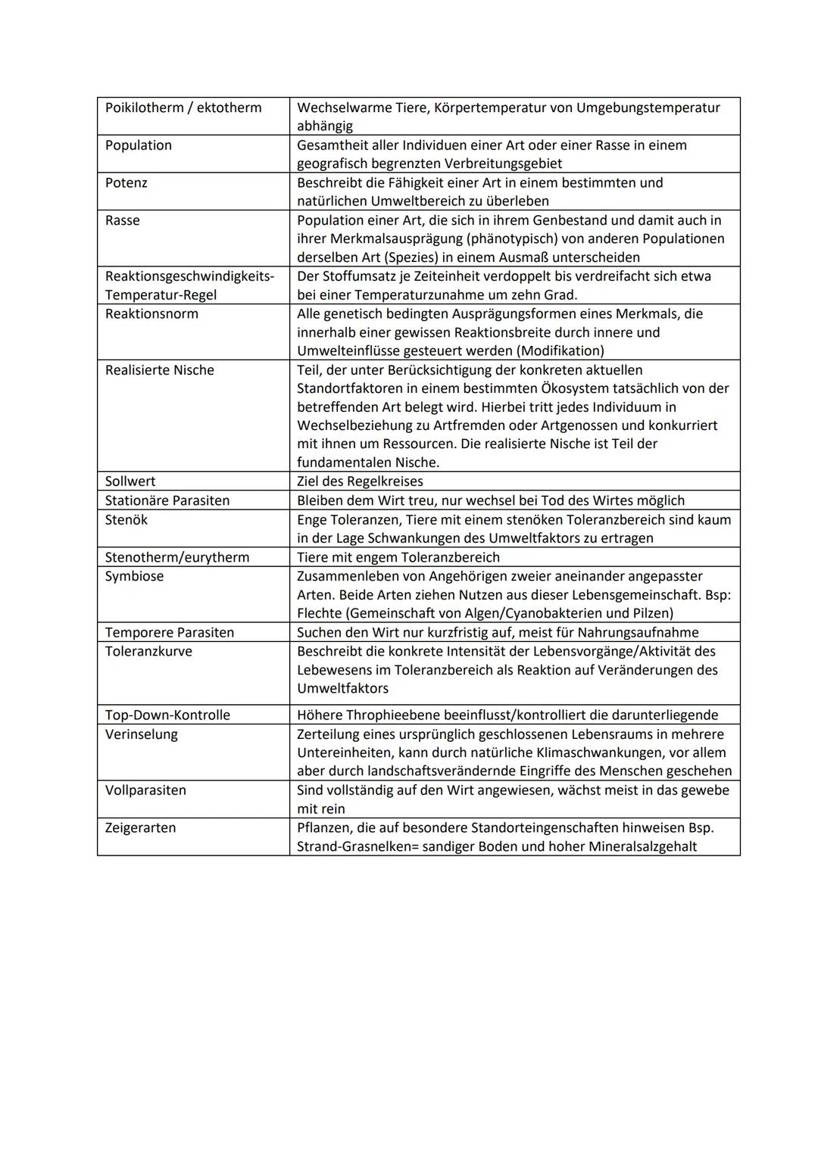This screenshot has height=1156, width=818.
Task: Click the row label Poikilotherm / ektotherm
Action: (x=183, y=107)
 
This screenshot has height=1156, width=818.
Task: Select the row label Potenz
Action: (x=126, y=183)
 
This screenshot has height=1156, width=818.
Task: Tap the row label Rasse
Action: (x=123, y=220)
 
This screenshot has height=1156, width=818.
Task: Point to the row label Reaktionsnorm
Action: (x=151, y=314)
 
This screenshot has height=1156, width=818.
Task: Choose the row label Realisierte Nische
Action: (x=160, y=370)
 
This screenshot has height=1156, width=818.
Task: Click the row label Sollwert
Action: (x=130, y=481)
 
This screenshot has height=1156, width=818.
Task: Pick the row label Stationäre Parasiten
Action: (x=167, y=500)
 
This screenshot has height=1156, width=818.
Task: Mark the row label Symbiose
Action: (x=134, y=576)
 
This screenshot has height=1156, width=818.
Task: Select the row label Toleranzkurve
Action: (x=148, y=651)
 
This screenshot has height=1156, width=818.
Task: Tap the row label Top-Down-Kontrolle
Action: (x=167, y=715)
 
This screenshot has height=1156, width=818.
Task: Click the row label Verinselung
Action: (x=142, y=734)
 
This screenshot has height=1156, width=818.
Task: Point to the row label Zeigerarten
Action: (x=140, y=827)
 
